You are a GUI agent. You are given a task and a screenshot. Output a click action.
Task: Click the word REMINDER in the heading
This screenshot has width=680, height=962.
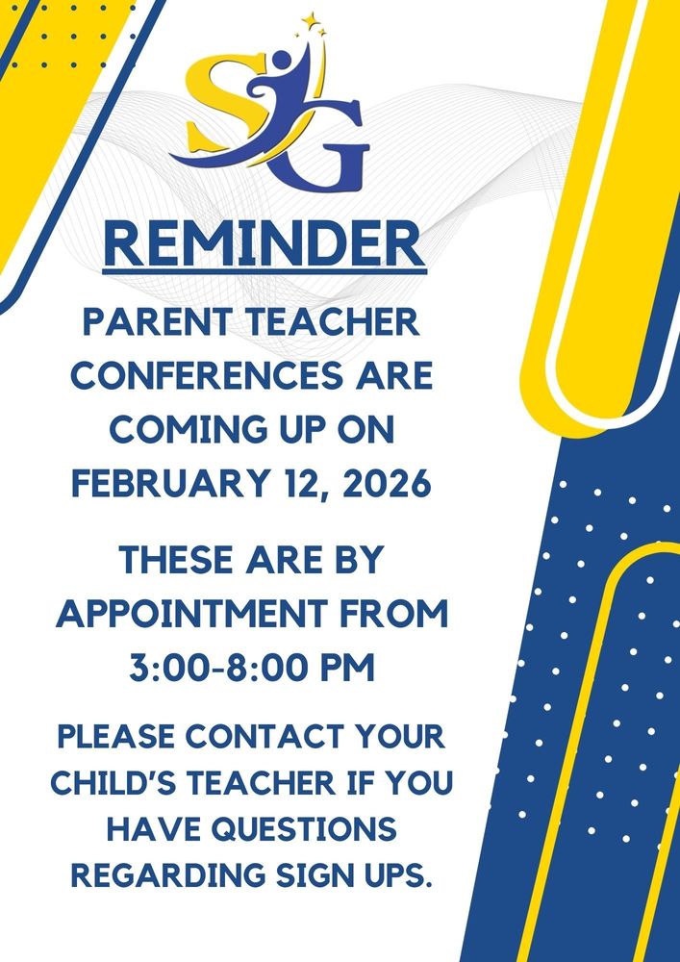[x=264, y=244]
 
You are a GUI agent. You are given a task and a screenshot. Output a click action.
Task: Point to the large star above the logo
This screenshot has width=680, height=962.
[x=309, y=20]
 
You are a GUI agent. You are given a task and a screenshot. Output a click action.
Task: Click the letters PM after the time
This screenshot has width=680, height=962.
[x=346, y=667]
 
